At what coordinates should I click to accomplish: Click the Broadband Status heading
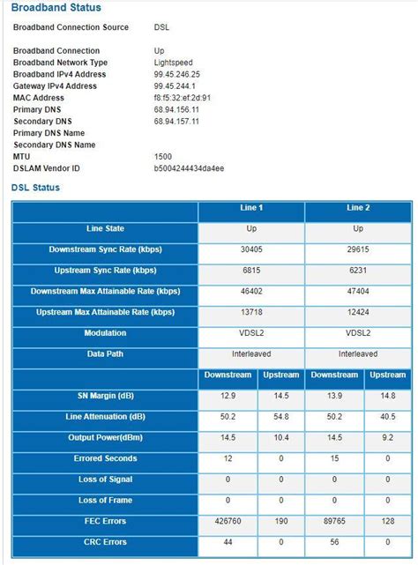coord(56,8)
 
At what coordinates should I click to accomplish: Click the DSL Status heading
coord(35,188)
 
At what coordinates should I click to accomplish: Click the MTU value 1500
coord(164,155)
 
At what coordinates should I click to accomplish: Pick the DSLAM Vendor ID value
coord(189,167)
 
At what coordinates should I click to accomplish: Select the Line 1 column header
coord(251,208)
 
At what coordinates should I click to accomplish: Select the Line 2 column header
coord(357,208)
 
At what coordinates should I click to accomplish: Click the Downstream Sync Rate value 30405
coord(251,250)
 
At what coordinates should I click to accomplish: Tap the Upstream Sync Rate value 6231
coord(357,271)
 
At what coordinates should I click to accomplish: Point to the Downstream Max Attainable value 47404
coord(357,292)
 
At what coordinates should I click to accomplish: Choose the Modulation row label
coord(105,333)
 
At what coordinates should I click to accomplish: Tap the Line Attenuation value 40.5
coord(387,417)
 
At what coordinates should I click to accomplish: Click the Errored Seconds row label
coord(105,458)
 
